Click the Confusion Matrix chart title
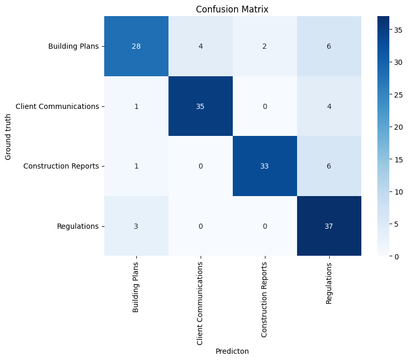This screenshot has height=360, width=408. tap(232, 9)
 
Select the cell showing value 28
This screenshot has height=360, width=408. tap(136, 46)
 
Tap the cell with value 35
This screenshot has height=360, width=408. tap(201, 106)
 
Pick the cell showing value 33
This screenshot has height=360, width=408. tap(265, 166)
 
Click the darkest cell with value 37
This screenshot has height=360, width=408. tap(329, 226)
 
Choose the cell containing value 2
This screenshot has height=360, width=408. tap(265, 46)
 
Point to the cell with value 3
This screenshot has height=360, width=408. tap(136, 226)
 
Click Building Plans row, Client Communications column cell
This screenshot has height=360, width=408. tap(201, 46)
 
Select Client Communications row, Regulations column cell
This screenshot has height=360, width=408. tap(329, 106)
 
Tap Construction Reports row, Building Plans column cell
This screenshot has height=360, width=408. tap(136, 166)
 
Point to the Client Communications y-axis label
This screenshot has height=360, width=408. tap(57, 106)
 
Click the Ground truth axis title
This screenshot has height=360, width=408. tap(8, 136)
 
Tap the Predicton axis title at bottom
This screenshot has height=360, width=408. tap(232, 351)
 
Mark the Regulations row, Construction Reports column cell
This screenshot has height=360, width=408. tap(265, 226)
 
